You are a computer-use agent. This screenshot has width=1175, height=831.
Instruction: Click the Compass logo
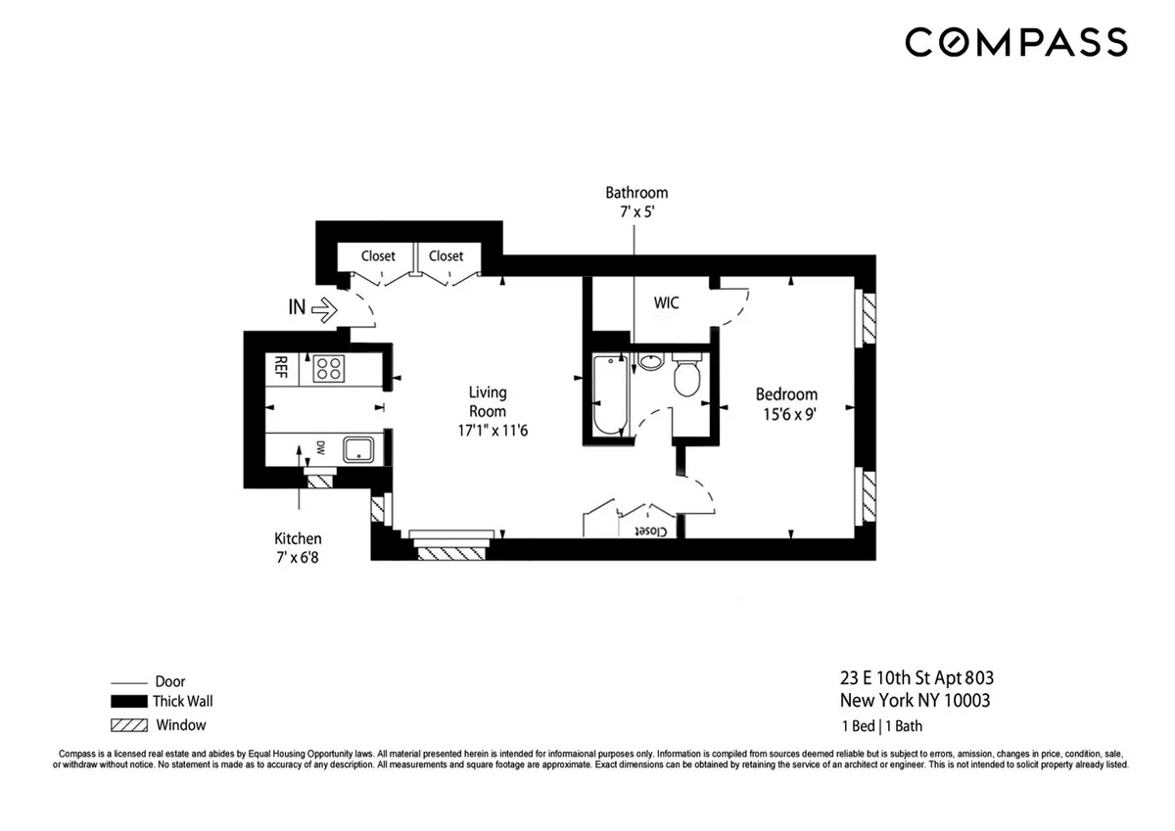(1015, 42)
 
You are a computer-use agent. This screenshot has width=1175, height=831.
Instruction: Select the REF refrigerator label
(280, 368)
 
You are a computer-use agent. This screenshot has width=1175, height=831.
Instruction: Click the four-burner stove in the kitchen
(328, 369)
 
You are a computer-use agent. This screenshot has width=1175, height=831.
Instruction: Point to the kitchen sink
(357, 450)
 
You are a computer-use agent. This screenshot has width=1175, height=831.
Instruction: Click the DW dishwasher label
(320, 448)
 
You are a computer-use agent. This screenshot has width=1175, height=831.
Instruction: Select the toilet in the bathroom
(686, 377)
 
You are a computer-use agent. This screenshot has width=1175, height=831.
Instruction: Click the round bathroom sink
(649, 363)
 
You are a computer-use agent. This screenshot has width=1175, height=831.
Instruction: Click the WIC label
(666, 303)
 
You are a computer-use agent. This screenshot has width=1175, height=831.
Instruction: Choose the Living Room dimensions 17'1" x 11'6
(487, 430)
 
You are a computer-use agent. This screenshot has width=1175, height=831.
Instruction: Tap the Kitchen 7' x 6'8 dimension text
(298, 557)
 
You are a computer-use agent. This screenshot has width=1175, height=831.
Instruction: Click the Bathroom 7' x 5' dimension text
(636, 211)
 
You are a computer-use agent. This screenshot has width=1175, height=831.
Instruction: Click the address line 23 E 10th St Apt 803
(916, 677)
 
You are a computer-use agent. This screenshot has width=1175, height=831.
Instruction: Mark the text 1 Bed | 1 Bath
(881, 726)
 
